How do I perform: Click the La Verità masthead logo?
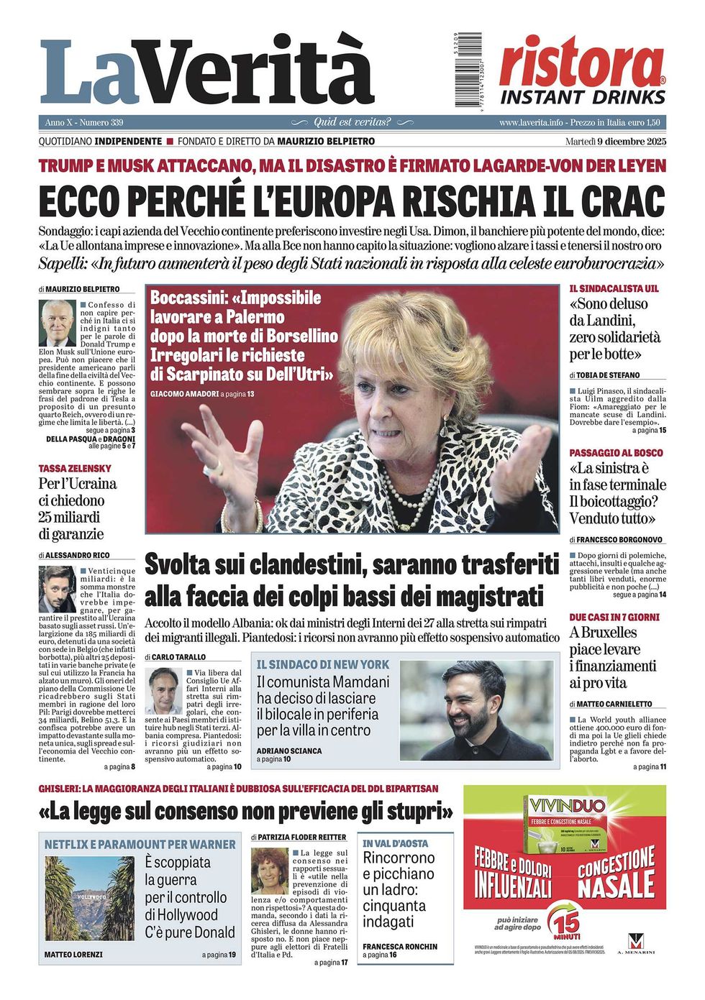pos(206,72)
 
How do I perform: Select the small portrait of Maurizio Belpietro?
pos(58,323)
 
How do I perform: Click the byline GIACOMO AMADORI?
pos(184,394)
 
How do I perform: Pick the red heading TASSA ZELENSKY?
pos(75,469)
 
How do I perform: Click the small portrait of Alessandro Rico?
pos(58,590)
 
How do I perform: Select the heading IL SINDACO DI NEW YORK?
pos(322,665)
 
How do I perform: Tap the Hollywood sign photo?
pos(89,898)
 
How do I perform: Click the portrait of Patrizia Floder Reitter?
pos(270,871)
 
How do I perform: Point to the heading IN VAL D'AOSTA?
pos(395,843)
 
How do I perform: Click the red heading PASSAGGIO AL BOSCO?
pos(616,453)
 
